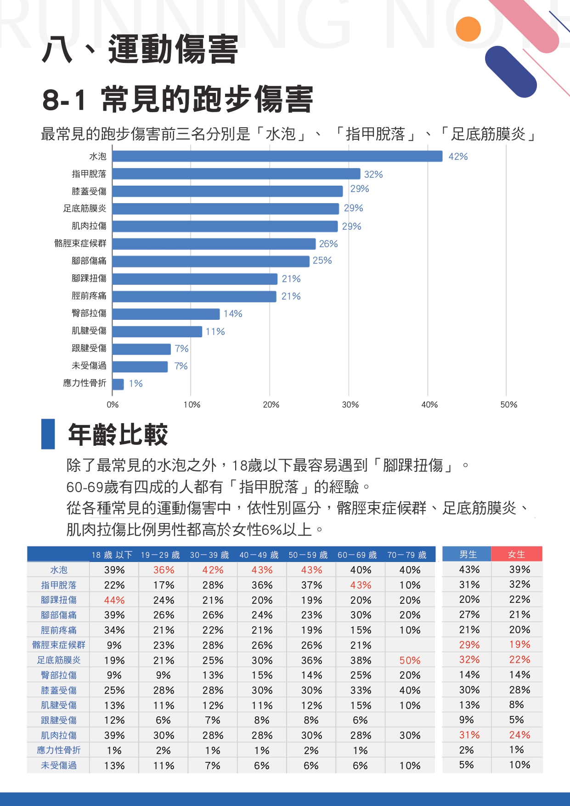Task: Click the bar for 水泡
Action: click(277, 156)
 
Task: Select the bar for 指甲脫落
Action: click(236, 174)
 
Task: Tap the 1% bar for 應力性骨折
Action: click(118, 384)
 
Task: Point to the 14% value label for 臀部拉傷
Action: click(233, 314)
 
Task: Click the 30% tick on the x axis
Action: click(350, 405)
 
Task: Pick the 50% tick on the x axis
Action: click(508, 405)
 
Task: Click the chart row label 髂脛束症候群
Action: click(80, 244)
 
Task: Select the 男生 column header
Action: click(468, 555)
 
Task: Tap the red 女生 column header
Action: click(517, 555)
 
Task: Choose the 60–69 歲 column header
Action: click(357, 555)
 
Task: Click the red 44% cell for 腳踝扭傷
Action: click(114, 600)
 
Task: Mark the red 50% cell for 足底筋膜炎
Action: click(410, 660)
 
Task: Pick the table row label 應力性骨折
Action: click(58, 750)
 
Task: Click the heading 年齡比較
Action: click(118, 434)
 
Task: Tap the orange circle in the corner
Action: click(468, 29)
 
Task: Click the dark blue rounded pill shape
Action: click(511, 72)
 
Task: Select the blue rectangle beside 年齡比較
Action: click(48, 434)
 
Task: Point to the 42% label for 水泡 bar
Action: click(458, 157)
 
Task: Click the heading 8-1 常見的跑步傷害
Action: click(178, 99)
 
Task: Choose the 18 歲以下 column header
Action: click(112, 555)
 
